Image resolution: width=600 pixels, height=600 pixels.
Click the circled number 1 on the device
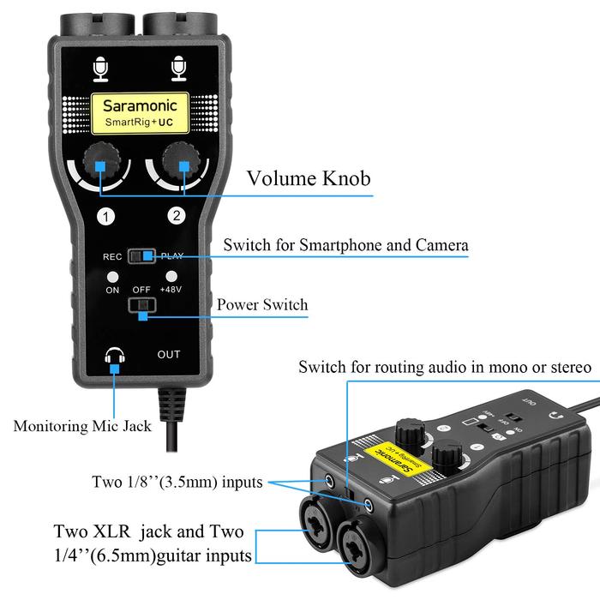105,217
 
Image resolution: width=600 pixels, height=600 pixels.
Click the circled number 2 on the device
176,217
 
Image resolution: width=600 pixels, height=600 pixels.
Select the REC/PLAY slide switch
142,255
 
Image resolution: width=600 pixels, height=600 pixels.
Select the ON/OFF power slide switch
141,306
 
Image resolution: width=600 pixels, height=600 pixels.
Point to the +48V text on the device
172,290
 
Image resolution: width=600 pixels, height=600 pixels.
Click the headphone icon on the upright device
114,358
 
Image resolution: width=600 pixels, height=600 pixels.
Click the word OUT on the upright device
169,355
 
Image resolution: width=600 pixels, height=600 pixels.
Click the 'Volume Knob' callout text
309,179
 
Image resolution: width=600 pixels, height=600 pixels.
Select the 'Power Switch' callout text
261,305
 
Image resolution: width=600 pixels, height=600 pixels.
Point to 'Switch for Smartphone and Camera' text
345,245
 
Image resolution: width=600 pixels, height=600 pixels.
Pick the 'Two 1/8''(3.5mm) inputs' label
177,482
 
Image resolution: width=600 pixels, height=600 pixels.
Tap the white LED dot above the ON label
113,277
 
